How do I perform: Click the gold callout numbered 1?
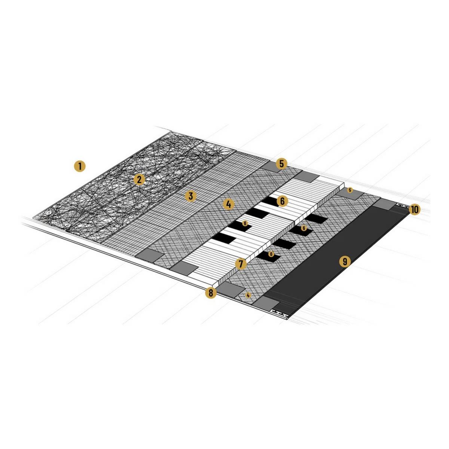[80, 167]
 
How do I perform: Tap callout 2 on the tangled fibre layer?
[139, 180]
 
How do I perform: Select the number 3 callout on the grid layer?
[190, 196]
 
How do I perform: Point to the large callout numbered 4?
[229, 204]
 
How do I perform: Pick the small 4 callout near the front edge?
[248, 296]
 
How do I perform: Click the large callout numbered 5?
[281, 164]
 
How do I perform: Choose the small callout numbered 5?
[349, 190]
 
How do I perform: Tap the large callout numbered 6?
[282, 201]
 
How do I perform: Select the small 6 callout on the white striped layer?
[245, 223]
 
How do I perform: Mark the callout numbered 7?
[241, 264]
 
